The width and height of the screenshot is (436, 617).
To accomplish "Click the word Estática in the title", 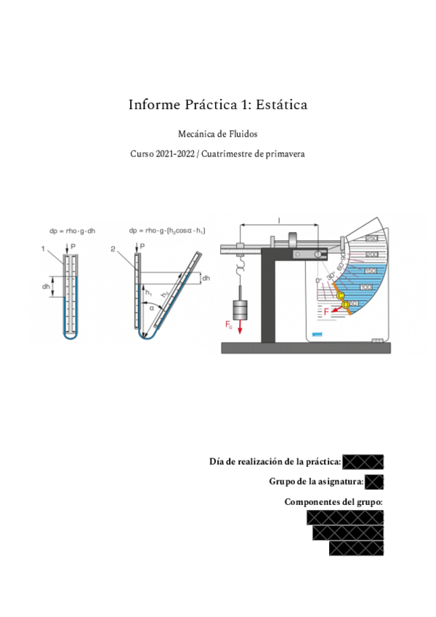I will coord(282,105).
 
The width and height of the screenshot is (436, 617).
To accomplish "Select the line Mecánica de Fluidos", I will coord(217,134).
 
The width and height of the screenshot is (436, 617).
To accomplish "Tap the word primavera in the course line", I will coord(282,154).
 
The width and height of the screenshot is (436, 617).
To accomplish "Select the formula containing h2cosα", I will coord(166,231).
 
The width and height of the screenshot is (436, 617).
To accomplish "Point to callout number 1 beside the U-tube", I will coord(44,249).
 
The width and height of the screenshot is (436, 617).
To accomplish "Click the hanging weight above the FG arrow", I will coord(242,309).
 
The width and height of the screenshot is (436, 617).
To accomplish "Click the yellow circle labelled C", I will coord(340,295).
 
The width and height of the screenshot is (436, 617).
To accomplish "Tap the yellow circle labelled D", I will coord(346,303).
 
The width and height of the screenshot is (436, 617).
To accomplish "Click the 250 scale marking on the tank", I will coord(371,239).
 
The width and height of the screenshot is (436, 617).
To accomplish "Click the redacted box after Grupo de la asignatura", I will coord(374,482).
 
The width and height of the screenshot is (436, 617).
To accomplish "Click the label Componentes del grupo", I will coord(334,502).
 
